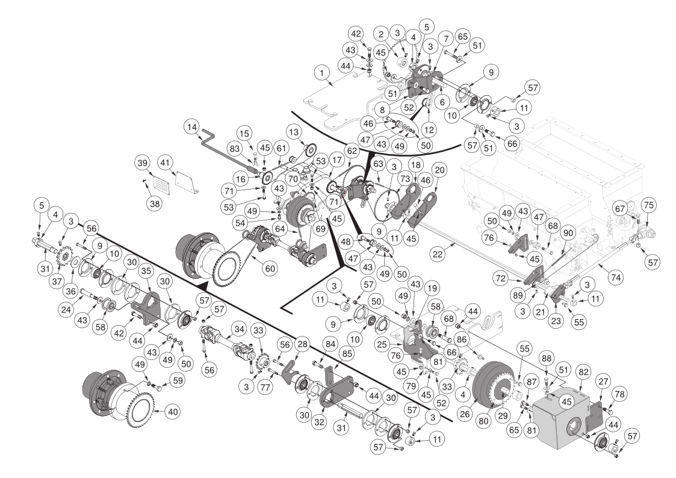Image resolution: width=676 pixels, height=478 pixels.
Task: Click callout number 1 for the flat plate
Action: (321, 73)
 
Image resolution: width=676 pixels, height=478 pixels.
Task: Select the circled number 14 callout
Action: (191, 127)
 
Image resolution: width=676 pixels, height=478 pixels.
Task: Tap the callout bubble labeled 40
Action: (172, 412)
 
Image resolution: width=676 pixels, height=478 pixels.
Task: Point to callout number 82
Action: (584, 373)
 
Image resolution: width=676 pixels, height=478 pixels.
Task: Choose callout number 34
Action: (239, 330)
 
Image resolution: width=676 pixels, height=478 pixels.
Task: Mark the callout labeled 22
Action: (438, 254)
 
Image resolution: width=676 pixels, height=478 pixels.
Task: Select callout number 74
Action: (616, 278)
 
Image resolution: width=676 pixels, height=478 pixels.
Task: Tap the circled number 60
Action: (270, 269)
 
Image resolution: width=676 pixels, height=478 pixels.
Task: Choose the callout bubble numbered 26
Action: (465, 415)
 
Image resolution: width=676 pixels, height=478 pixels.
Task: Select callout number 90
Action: (569, 233)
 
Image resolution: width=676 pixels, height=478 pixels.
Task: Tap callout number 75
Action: (648, 206)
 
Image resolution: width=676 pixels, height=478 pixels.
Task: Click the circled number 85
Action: (347, 354)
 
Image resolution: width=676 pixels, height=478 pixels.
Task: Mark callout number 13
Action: (294, 132)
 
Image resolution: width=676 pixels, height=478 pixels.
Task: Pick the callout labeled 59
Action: (178, 380)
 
